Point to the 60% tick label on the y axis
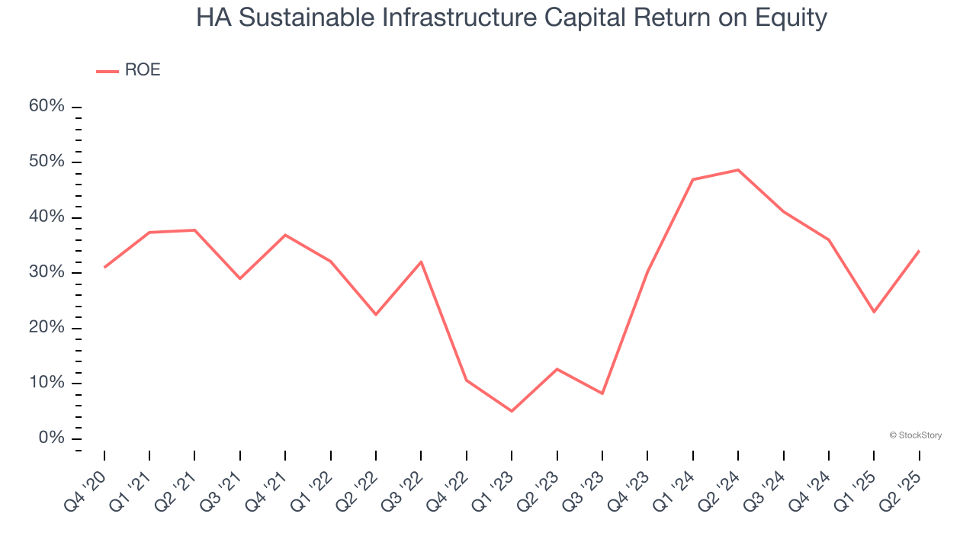(x=47, y=106)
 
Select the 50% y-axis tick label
(x=47, y=162)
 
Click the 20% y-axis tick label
(x=47, y=328)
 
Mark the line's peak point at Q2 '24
(x=738, y=169)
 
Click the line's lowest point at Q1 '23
(x=512, y=411)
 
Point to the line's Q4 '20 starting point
(x=104, y=267)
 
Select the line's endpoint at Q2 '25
(x=919, y=251)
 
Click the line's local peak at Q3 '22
(x=422, y=262)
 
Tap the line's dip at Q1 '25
(x=874, y=312)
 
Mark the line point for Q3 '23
(x=602, y=393)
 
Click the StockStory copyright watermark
(x=915, y=435)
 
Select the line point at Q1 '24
(x=693, y=179)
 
